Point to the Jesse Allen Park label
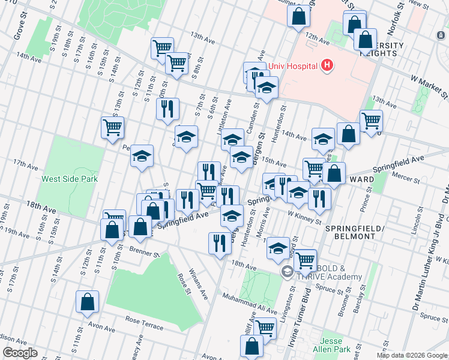pos(335,344)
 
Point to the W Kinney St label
pos(304,217)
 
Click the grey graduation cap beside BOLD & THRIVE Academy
pos(288,272)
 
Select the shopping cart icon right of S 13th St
pos(112,128)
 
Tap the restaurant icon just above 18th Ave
pos(220,243)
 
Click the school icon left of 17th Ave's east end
pos(142,157)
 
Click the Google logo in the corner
pos(19,353)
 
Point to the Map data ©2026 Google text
pos(412,355)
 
